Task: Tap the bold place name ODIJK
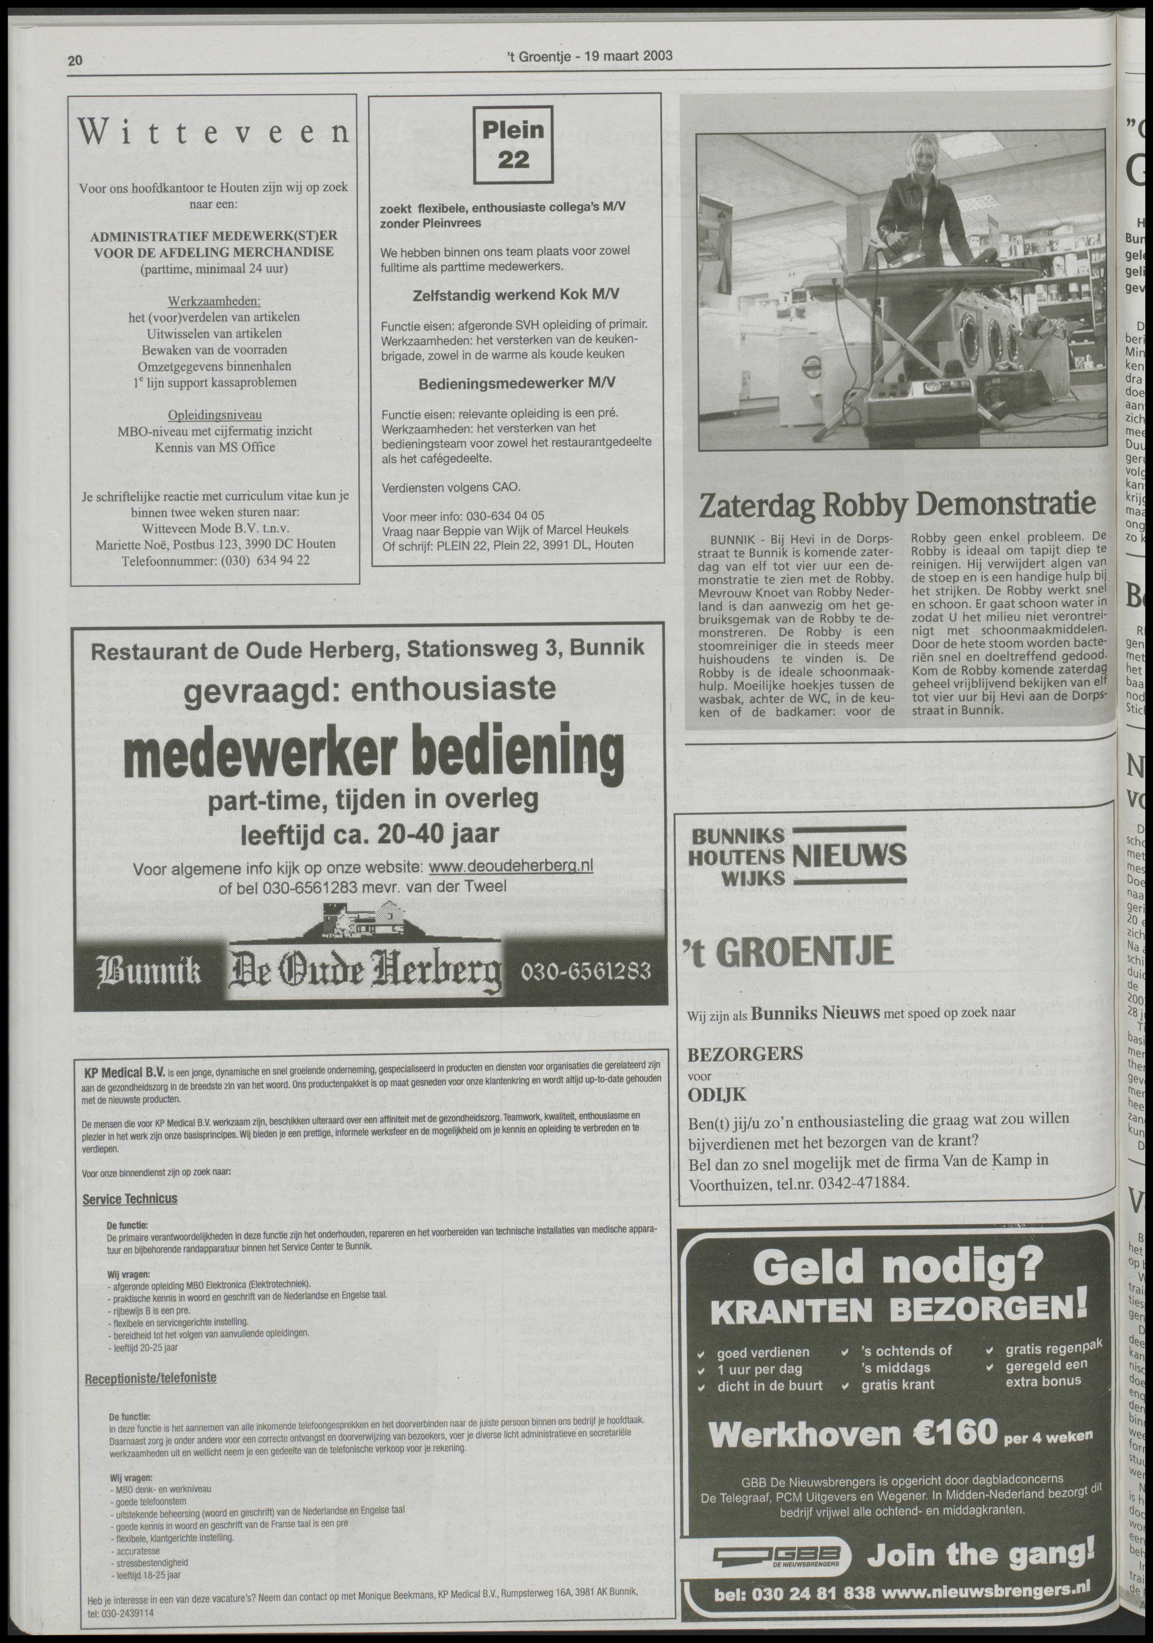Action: (718, 1095)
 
